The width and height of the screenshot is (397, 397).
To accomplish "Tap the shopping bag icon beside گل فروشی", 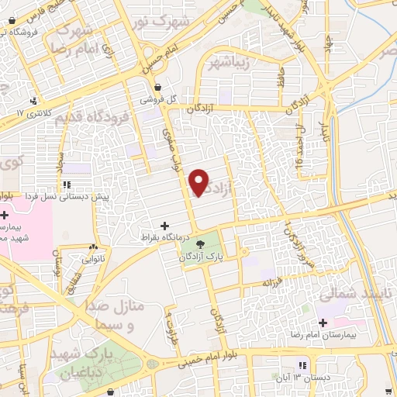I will (158, 87).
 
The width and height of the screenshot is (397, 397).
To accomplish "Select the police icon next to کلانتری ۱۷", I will (33, 100).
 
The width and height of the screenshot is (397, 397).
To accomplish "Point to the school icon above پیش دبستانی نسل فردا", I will (67, 185).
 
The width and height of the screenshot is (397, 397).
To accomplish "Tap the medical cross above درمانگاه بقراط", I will (164, 224).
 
